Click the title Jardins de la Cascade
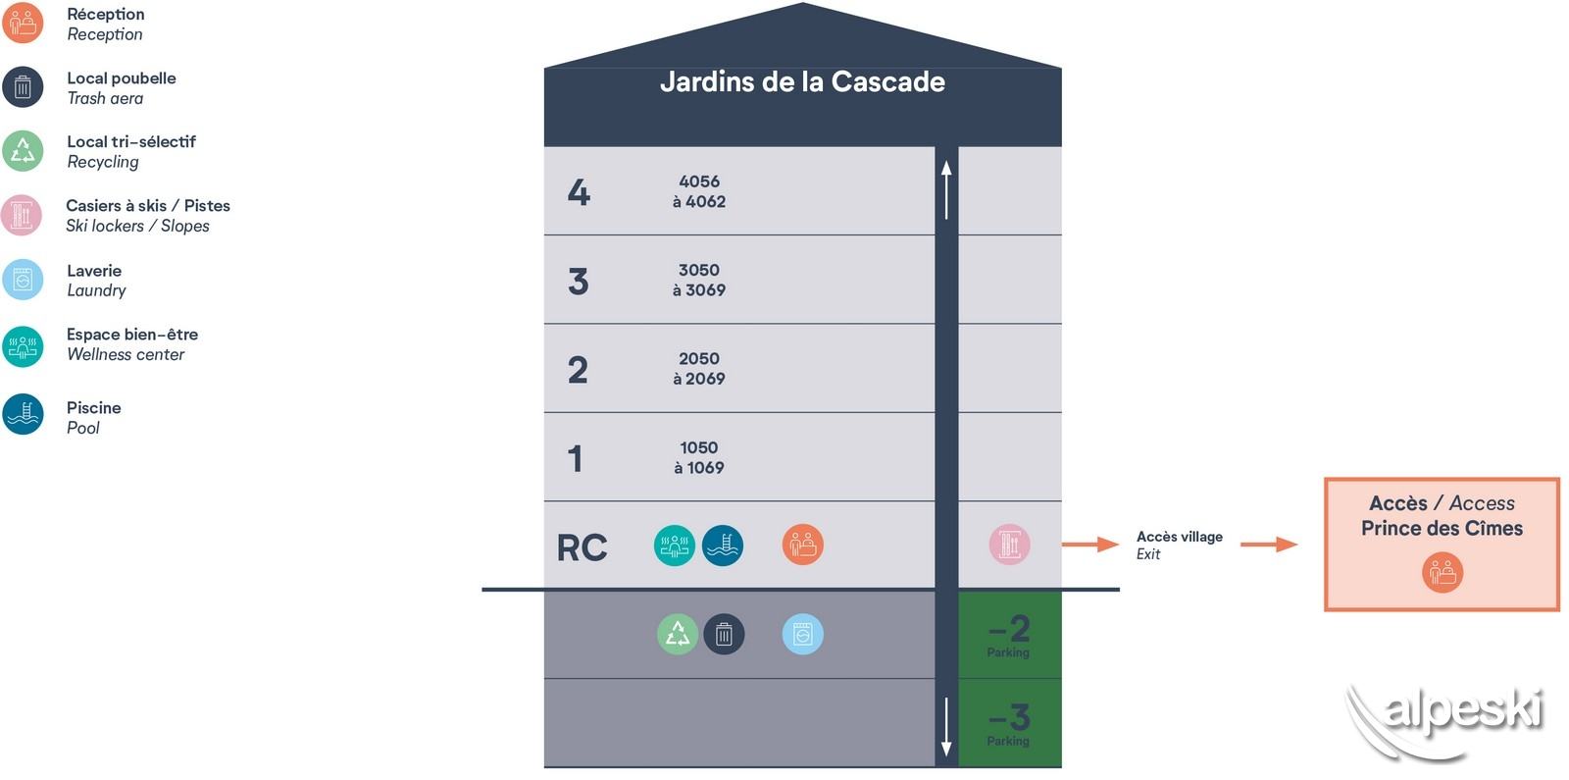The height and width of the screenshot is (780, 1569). pyautogui.click(x=802, y=81)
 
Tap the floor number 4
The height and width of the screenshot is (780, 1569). pyautogui.click(x=579, y=191)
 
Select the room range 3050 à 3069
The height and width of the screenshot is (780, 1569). pyautogui.click(x=699, y=280)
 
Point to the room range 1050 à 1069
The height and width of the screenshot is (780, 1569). pyautogui.click(x=699, y=457)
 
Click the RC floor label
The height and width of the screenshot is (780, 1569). pyautogui.click(x=582, y=547)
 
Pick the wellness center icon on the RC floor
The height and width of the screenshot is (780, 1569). pyautogui.click(x=674, y=546)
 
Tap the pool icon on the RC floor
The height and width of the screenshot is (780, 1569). pyautogui.click(x=723, y=546)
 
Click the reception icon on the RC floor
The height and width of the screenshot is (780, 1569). pyautogui.click(x=803, y=546)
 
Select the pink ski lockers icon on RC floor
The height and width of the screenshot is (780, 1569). pyautogui.click(x=1009, y=546)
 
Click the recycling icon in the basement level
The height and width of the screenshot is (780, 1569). pyautogui.click(x=677, y=635)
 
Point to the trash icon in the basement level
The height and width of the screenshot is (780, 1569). pyautogui.click(x=724, y=635)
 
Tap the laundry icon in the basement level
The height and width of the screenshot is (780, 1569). pyautogui.click(x=803, y=635)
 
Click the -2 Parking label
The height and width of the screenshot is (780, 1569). pyautogui.click(x=1009, y=636)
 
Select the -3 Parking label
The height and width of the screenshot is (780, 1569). pyautogui.click(x=1009, y=724)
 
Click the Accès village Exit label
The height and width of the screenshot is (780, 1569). pyautogui.click(x=1179, y=545)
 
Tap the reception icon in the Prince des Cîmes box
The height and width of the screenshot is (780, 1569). pyautogui.click(x=1442, y=572)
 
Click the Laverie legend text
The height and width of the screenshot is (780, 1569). pyautogui.click(x=95, y=281)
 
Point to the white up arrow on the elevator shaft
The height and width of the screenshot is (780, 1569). pyautogui.click(x=946, y=189)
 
